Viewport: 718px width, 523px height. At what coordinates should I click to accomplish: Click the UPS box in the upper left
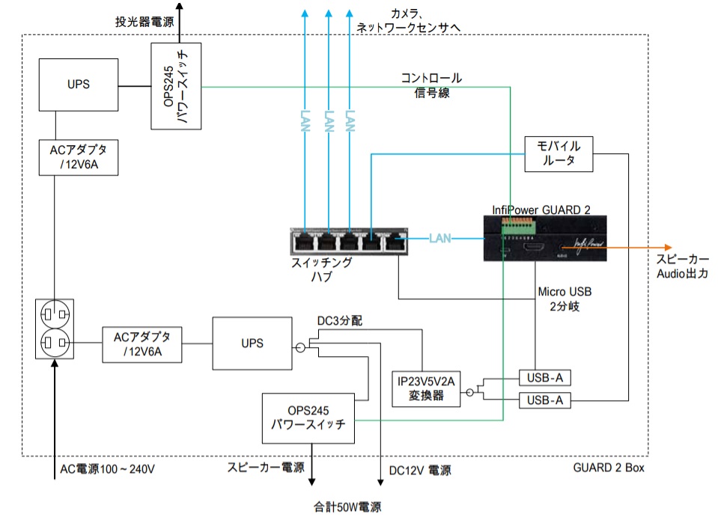[x=78, y=84]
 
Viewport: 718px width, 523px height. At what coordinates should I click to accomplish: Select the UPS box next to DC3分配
[x=252, y=343]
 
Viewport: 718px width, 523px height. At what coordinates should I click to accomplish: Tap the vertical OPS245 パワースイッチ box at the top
[x=176, y=86]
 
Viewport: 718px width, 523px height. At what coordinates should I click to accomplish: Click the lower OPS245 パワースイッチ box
[x=307, y=418]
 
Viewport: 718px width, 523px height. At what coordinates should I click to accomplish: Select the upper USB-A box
[x=544, y=377]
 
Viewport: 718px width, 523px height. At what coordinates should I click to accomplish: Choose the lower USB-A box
[x=544, y=402]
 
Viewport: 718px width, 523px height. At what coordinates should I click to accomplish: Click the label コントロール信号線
[x=431, y=85]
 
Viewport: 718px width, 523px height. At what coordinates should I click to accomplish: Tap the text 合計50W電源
[x=347, y=507]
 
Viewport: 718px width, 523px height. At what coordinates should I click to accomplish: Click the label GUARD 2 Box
[x=609, y=468]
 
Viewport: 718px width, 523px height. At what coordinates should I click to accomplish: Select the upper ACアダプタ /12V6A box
[x=79, y=157]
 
